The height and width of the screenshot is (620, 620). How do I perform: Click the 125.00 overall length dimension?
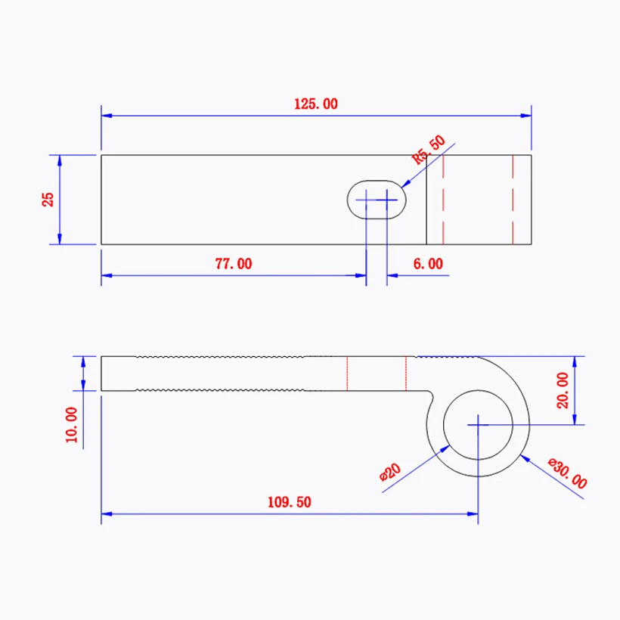tap(316, 104)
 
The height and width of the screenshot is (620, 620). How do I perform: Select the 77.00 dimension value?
tap(234, 264)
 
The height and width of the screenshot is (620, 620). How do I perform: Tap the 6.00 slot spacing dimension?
tap(428, 264)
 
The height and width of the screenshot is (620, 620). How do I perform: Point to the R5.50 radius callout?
tap(429, 150)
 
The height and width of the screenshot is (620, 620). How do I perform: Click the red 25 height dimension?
tap(48, 200)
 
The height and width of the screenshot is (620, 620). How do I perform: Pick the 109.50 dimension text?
tap(289, 501)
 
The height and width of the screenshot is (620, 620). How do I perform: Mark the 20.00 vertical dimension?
tap(562, 389)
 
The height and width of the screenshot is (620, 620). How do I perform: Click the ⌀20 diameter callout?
tap(389, 473)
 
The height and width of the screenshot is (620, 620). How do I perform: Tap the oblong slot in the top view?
tap(377, 200)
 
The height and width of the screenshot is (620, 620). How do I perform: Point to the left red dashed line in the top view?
tap(443, 200)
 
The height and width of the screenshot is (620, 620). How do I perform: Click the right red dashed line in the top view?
tap(513, 200)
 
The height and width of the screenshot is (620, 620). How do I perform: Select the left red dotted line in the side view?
tap(347, 373)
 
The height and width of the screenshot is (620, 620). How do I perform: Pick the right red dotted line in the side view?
tap(406, 373)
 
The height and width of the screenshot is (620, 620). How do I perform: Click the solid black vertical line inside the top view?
tap(426, 200)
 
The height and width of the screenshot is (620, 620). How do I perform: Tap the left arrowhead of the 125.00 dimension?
tap(107, 116)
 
